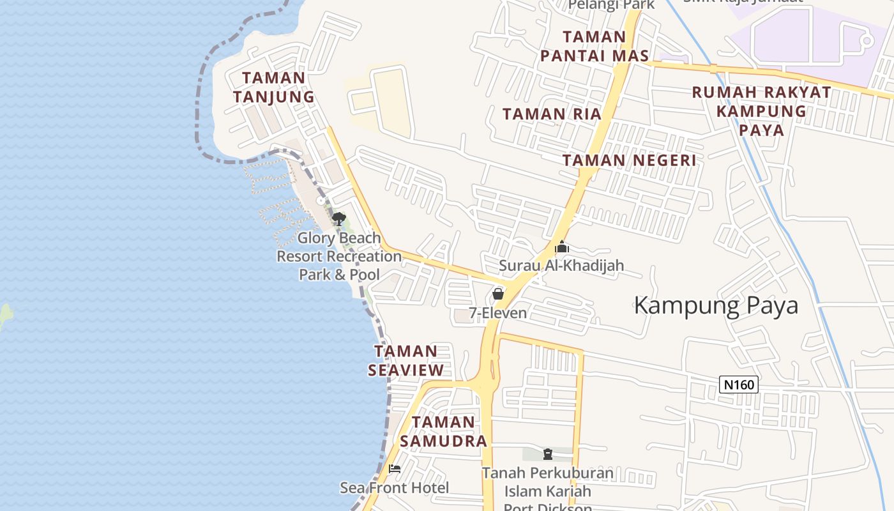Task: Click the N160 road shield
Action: [739, 385]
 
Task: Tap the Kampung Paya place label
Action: [716, 305]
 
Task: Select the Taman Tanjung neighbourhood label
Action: [273, 87]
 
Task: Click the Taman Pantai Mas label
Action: [594, 46]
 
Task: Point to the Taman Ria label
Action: [552, 114]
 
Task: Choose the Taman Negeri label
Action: [629, 160]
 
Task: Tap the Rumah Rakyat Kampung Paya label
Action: [761, 111]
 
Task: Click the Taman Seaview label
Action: [405, 360]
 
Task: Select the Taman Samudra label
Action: [443, 431]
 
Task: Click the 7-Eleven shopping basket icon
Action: [498, 294]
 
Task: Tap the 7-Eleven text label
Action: [498, 313]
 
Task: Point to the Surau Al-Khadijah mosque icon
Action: [562, 247]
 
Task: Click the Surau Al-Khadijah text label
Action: [561, 265]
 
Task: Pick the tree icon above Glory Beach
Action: [338, 220]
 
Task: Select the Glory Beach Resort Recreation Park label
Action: [339, 256]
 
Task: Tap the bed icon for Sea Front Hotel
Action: [395, 469]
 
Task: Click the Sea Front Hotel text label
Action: [395, 488]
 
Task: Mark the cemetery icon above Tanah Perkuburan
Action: [547, 454]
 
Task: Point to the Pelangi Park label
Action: [611, 5]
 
